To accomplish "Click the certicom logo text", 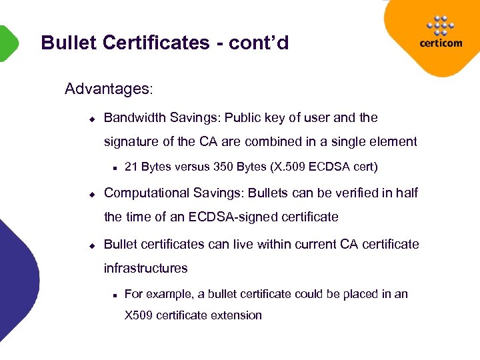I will tap(441, 43).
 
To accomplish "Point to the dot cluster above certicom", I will tap(441, 25).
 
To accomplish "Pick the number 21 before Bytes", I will tap(131, 167).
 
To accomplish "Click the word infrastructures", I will tap(145, 268).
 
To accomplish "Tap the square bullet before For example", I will tap(115, 295).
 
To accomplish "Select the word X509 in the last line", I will tap(139, 315).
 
